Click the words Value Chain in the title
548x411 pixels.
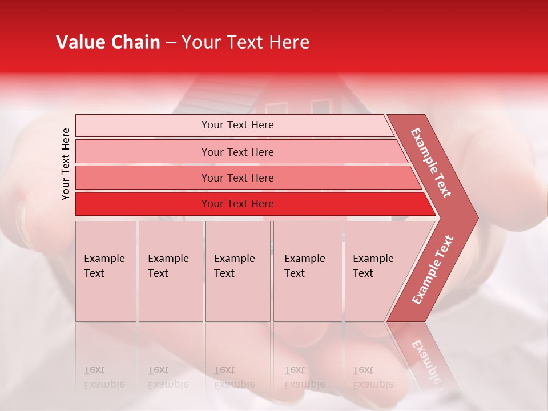click(108, 42)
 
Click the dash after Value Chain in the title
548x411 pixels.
click(171, 42)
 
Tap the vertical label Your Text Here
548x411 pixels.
click(66, 164)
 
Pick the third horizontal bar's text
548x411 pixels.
click(237, 178)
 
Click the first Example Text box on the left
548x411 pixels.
click(106, 271)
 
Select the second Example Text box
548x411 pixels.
click(170, 271)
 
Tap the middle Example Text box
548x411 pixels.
click(237, 271)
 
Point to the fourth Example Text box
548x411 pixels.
click(307, 271)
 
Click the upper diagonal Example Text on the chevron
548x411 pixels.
click(431, 163)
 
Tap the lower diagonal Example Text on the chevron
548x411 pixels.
click(433, 269)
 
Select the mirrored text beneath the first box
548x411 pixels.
click(98, 377)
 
